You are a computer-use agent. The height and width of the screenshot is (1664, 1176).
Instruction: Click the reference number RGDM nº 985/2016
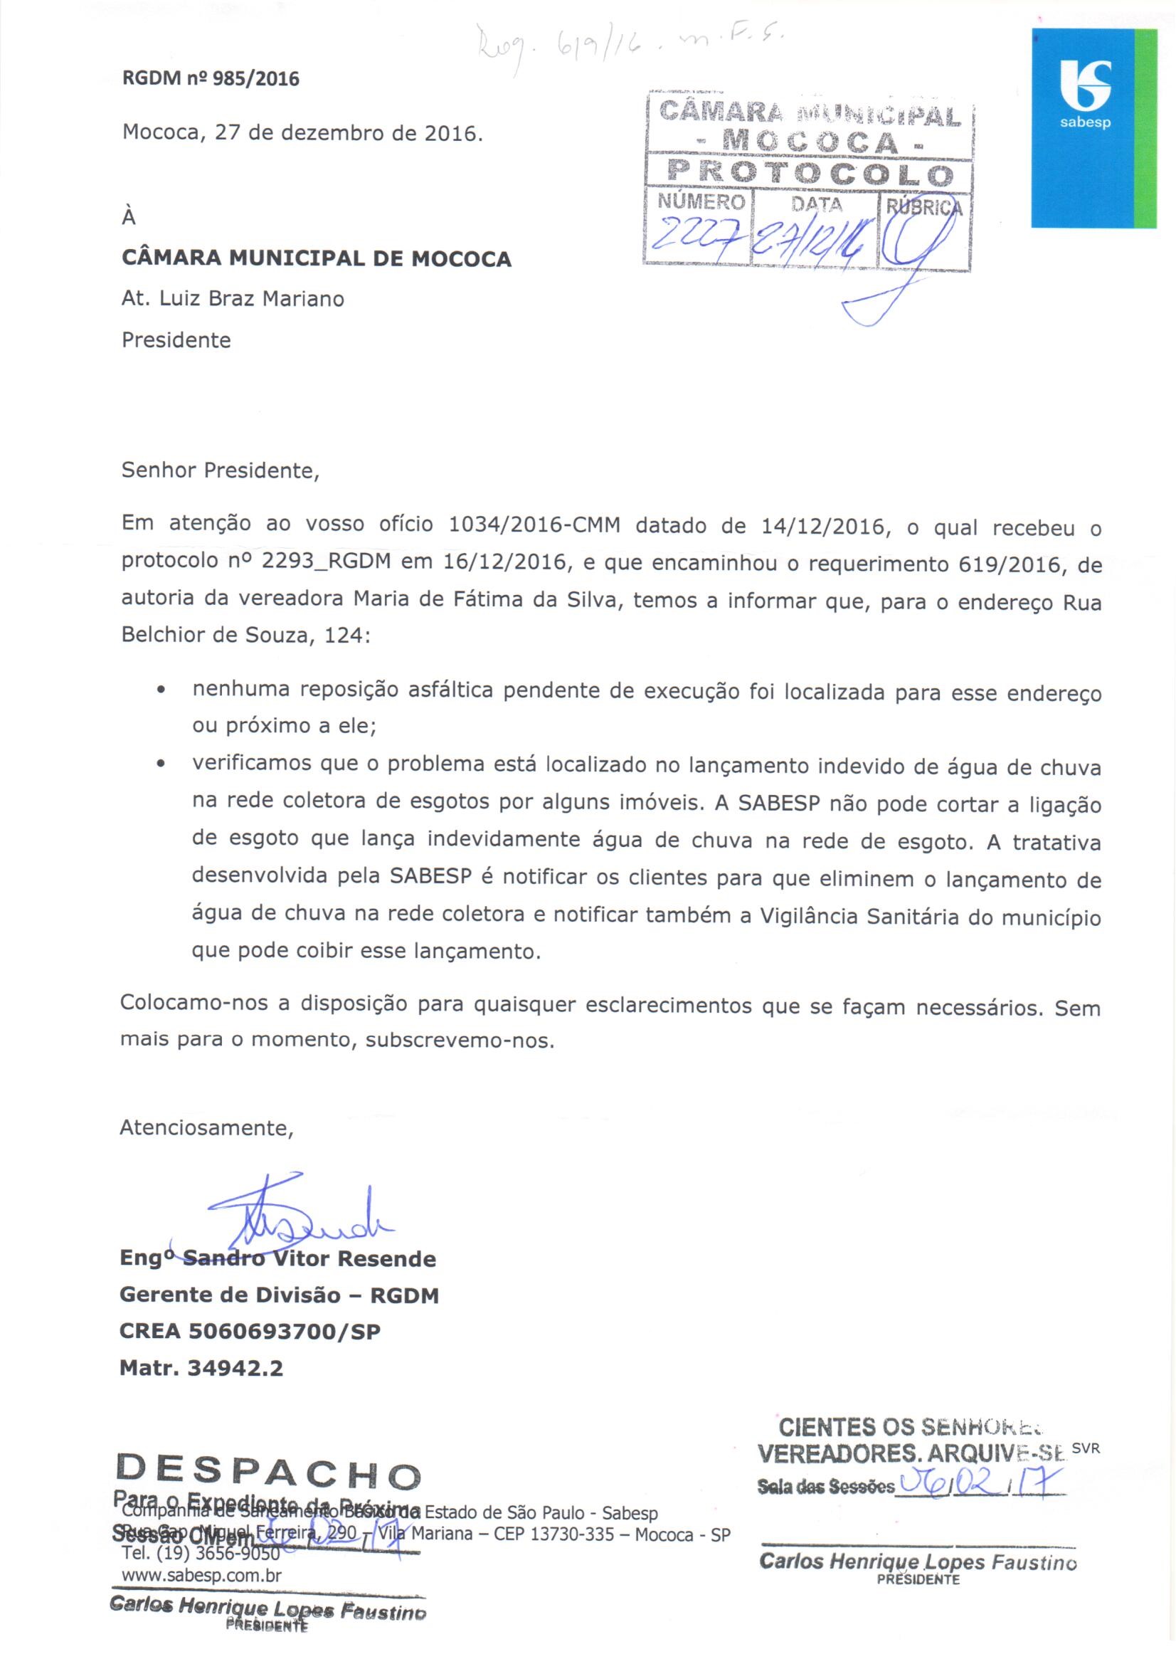pos(210,79)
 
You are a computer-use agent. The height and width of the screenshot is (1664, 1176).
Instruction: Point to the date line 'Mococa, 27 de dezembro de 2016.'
pos(302,133)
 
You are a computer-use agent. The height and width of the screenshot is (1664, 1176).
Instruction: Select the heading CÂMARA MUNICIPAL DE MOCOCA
pos(317,259)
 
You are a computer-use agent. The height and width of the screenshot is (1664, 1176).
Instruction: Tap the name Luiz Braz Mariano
pos(251,299)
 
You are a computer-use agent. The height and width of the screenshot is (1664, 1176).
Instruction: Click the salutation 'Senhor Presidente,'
pos(221,470)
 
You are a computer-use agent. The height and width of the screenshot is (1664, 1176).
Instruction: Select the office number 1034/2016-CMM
pos(535,525)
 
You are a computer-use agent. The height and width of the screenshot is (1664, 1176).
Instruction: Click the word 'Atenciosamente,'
pos(206,1128)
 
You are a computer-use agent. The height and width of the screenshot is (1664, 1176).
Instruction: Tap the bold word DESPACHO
pos(269,1471)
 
